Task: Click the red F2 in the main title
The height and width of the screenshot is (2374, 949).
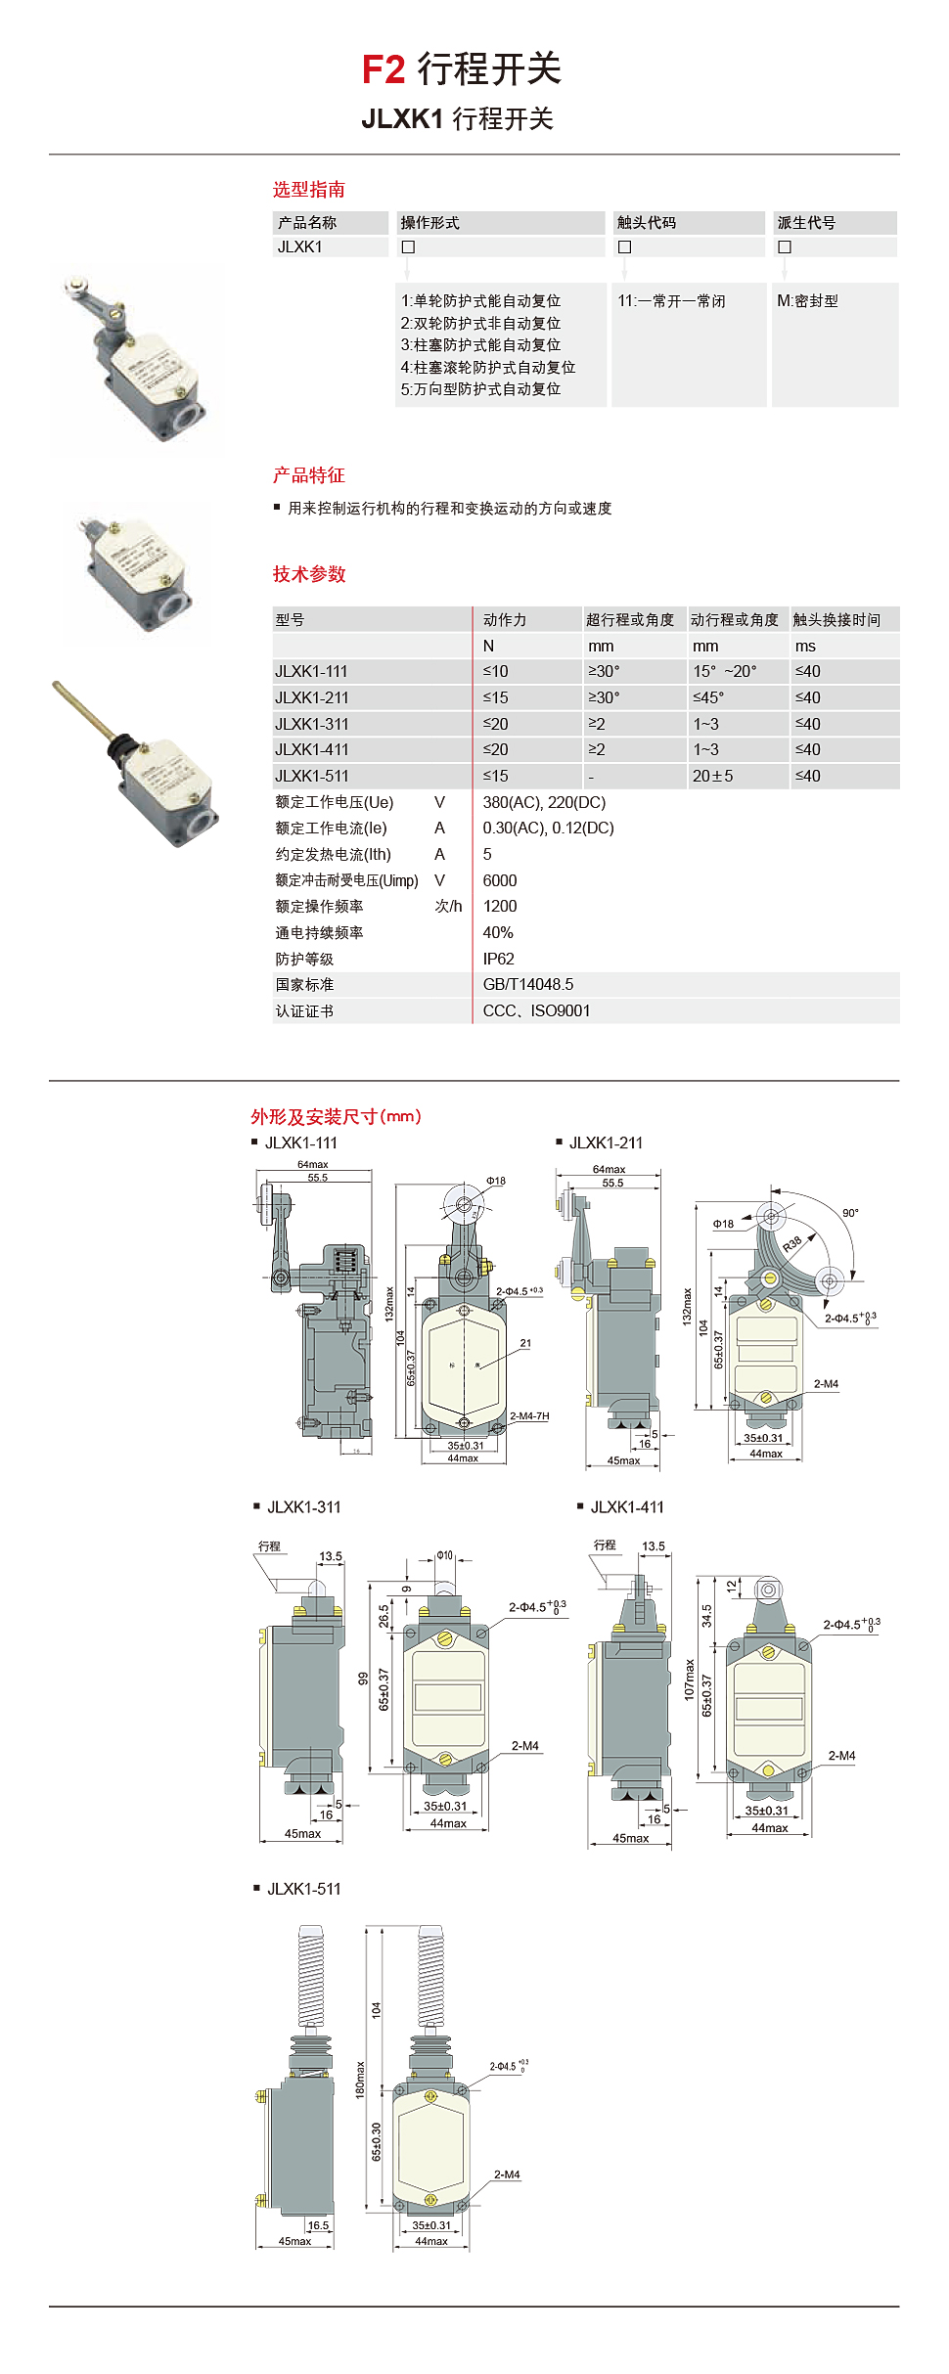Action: [383, 70]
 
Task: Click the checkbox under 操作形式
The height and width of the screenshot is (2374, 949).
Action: [408, 247]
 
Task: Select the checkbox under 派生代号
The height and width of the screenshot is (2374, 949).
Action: [784, 247]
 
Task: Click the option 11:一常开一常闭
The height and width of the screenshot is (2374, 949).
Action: [671, 301]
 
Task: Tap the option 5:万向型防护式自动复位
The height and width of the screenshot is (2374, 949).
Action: [480, 389]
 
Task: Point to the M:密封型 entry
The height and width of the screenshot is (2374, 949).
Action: [807, 301]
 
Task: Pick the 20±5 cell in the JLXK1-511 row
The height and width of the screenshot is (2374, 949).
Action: [712, 776]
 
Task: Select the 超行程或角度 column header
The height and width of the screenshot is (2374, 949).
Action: [630, 620]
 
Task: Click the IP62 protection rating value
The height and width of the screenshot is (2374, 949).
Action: [498, 959]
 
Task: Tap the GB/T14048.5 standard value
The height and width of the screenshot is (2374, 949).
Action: [528, 984]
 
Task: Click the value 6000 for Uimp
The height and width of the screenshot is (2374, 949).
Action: [500, 880]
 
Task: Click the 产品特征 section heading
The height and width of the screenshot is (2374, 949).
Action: [308, 475]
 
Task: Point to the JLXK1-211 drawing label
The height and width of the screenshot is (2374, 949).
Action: [606, 1142]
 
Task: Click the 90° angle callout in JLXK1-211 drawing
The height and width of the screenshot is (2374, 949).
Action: [850, 1213]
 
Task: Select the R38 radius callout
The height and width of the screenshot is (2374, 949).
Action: [792, 1244]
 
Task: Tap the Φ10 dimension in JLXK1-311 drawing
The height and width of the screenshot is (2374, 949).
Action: [444, 1555]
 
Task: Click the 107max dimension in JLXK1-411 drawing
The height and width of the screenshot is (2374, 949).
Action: [689, 1680]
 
